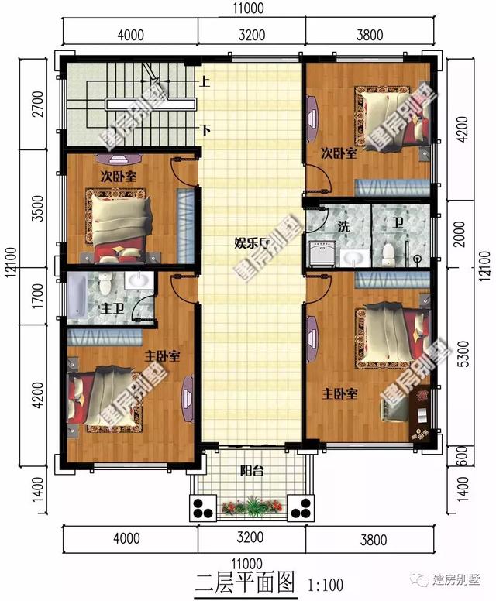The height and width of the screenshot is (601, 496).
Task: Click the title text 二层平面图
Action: click(244, 581)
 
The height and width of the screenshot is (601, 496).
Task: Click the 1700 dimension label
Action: click(29, 295)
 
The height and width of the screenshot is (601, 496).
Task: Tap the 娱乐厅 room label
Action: click(251, 243)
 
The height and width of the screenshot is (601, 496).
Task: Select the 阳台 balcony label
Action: click(249, 469)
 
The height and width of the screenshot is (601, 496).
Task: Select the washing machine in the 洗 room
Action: click(320, 253)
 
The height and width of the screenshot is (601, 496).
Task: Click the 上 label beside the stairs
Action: click(205, 81)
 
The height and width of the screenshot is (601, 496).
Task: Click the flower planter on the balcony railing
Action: click(250, 508)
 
